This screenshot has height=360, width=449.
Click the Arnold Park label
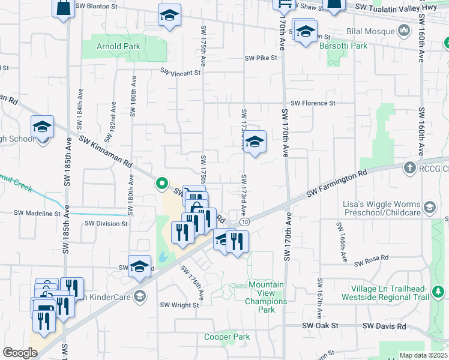[118, 46]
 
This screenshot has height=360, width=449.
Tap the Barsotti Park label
[343, 46]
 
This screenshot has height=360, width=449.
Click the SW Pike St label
[261, 58]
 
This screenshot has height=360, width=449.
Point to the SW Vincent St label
[180, 73]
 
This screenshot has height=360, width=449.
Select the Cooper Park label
[227, 337]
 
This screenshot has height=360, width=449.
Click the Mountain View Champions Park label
[262, 297]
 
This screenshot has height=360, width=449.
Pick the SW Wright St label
[179, 305]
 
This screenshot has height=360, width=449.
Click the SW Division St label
[106, 223]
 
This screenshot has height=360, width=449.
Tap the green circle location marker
[161, 183]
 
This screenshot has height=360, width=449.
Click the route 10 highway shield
[246, 222]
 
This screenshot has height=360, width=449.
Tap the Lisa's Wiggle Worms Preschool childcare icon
[430, 208]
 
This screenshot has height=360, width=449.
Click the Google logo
[20, 353]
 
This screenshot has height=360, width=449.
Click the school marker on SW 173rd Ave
[255, 143]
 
